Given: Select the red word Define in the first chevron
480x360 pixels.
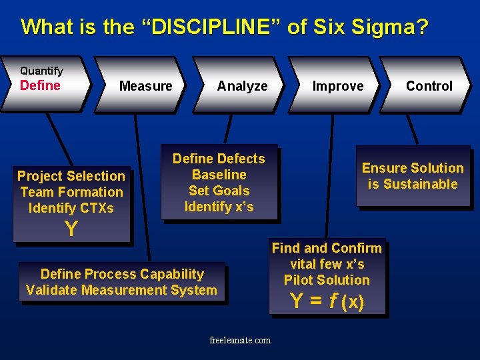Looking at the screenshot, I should pyautogui.click(x=40, y=85).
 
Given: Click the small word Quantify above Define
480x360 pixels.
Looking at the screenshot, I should pyautogui.click(x=41, y=71).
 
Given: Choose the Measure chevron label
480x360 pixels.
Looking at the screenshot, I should pyautogui.click(x=145, y=86).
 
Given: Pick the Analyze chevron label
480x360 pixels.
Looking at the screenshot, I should pyautogui.click(x=242, y=86).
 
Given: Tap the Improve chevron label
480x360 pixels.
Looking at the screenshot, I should pyautogui.click(x=338, y=86).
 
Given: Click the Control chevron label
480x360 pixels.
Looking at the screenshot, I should pyautogui.click(x=429, y=86).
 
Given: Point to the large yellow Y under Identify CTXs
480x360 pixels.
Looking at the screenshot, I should pyautogui.click(x=71, y=229).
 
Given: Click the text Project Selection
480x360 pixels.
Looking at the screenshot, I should pyautogui.click(x=71, y=176).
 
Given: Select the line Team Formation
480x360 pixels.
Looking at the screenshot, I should pyautogui.click(x=71, y=192).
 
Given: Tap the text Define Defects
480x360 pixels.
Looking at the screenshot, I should pyautogui.click(x=219, y=159).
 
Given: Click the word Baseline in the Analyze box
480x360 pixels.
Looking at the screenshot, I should pyautogui.click(x=219, y=175).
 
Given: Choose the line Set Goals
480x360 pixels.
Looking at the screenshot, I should pyautogui.click(x=219, y=191).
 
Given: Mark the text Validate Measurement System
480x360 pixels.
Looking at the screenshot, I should pyautogui.click(x=121, y=290).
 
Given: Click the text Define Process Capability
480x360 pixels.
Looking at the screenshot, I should pyautogui.click(x=122, y=274).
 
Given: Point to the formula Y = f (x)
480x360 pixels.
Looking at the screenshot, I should pyautogui.click(x=327, y=301).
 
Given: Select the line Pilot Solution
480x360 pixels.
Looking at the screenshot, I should pyautogui.click(x=327, y=280).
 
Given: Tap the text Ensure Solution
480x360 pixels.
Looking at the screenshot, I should pyautogui.click(x=413, y=168).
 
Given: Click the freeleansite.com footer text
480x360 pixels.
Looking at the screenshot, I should pyautogui.click(x=240, y=341).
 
